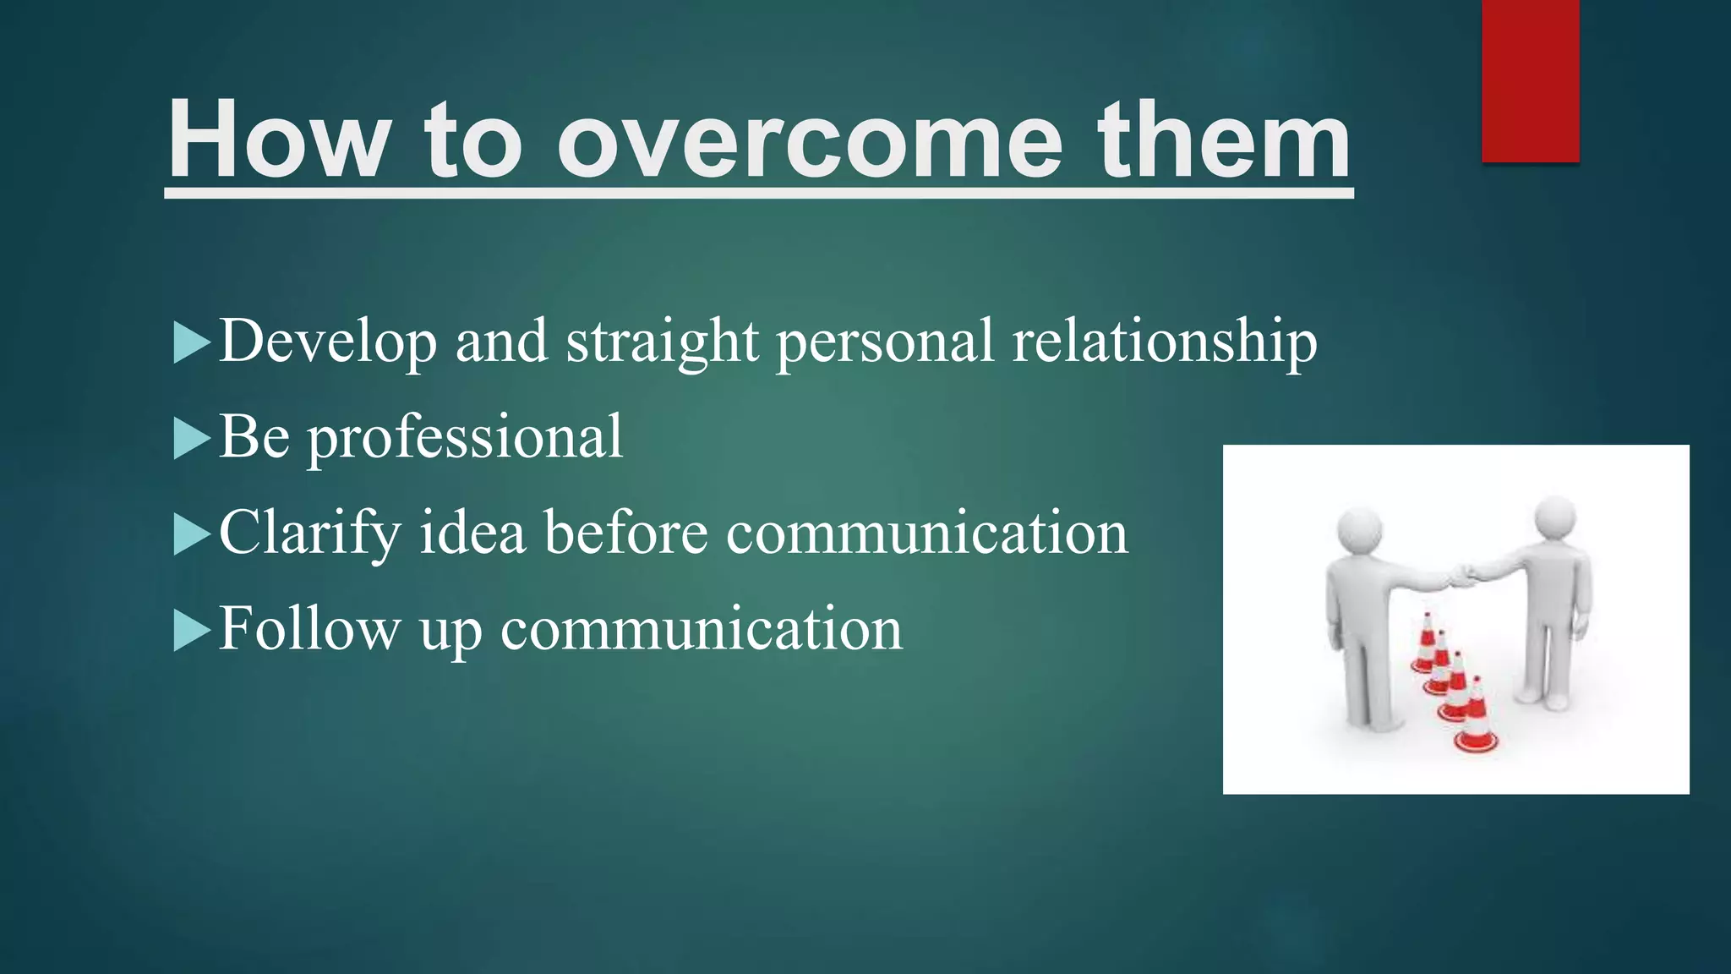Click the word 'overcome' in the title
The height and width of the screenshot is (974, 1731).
coord(809,142)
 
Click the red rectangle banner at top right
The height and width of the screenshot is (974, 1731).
coord(1530,80)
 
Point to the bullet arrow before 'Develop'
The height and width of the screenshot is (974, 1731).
coord(191,342)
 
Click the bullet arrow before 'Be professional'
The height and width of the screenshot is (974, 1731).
coord(191,439)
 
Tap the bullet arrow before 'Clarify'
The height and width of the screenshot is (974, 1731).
coord(191,534)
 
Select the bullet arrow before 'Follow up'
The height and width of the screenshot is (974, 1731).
coord(191,631)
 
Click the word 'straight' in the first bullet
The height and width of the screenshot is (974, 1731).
coord(662,342)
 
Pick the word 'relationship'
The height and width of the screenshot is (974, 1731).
coord(1164,342)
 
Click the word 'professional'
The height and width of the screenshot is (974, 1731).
coord(464,439)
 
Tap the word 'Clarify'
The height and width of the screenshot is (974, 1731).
coord(309,534)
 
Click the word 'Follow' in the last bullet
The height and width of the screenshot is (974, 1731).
coord(309,629)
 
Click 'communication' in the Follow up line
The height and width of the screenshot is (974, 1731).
coord(702,631)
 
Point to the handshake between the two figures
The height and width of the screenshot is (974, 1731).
coord(1461,578)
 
